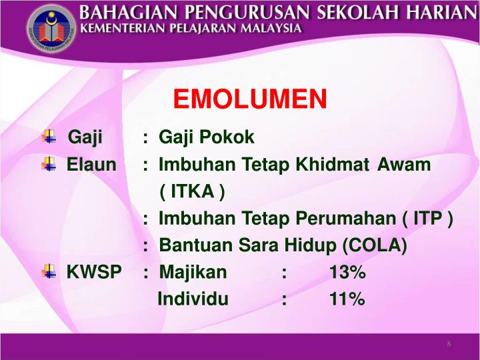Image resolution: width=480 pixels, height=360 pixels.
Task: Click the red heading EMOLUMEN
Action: (x=250, y=100)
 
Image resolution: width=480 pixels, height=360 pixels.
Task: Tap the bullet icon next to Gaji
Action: (x=49, y=137)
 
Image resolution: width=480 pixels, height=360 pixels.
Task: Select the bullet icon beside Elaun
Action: (x=49, y=164)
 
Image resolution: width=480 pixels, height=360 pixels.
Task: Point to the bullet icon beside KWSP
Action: (x=49, y=271)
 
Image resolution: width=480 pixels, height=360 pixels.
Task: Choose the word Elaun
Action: (x=91, y=165)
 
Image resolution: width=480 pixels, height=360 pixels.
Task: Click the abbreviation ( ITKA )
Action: (x=193, y=192)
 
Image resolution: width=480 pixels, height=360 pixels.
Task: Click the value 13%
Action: (x=347, y=273)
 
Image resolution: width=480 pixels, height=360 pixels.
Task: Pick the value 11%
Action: (x=347, y=299)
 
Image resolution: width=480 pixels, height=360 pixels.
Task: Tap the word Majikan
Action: (x=193, y=273)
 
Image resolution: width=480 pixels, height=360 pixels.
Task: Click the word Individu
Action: (x=193, y=299)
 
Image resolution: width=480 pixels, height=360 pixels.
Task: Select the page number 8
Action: (x=449, y=344)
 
